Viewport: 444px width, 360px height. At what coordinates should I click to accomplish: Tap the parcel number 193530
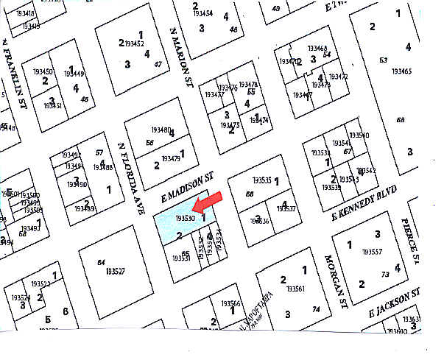[185, 218]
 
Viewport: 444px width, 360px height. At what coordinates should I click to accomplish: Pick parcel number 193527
[114, 272]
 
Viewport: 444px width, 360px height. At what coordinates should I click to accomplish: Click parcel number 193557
[376, 253]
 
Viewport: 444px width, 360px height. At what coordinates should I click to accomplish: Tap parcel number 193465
[401, 71]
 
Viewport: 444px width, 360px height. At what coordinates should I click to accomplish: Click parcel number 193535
[261, 180]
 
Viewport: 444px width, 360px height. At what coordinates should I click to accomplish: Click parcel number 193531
[181, 258]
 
